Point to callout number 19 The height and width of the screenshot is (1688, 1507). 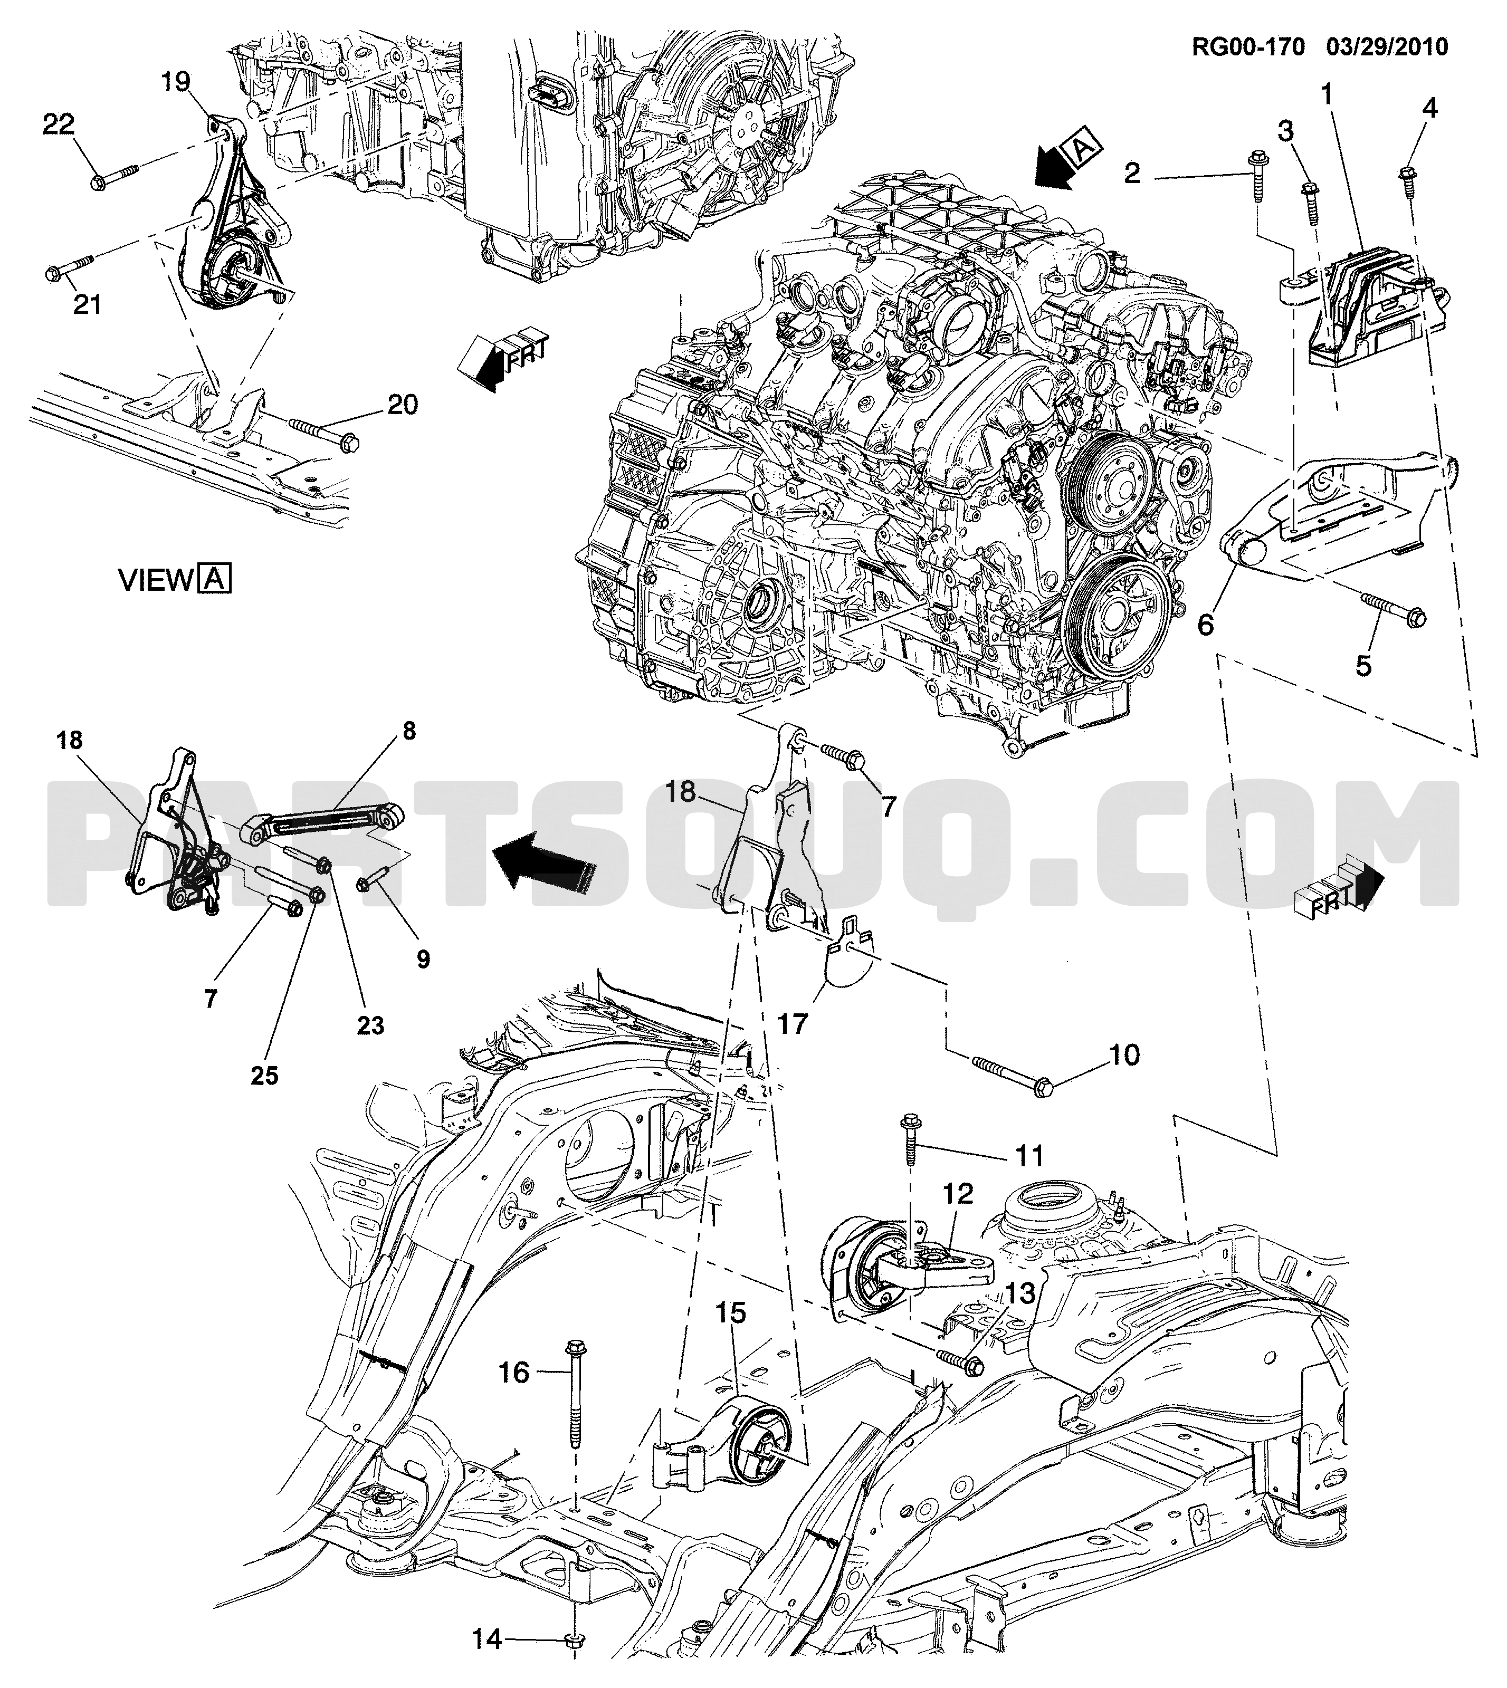click(x=176, y=82)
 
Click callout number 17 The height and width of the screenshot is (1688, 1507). click(x=793, y=1024)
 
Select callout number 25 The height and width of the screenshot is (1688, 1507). click(x=265, y=1076)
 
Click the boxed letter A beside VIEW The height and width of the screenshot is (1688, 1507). click(x=214, y=579)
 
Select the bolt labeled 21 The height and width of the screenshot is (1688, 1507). click(x=70, y=267)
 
